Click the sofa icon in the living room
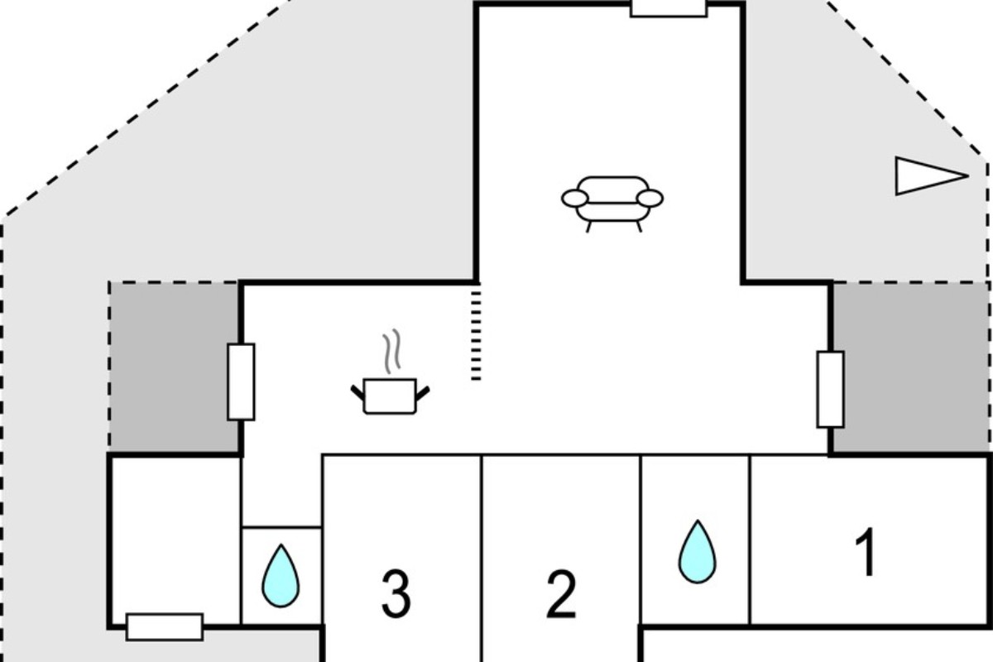[612, 204]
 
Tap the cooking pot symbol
[390, 396]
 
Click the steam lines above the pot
[392, 351]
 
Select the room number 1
[866, 552]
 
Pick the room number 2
[561, 594]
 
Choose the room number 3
[396, 594]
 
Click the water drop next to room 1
[698, 552]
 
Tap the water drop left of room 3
[281, 576]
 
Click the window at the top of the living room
[669, 8]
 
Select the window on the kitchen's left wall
[241, 381]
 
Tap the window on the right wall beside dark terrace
[830, 390]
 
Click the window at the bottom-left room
[165, 627]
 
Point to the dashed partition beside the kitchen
[476, 335]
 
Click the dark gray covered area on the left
[175, 367]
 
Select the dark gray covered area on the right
[911, 367]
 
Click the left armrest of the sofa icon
[575, 199]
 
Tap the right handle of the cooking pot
[423, 393]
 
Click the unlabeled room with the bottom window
[175, 540]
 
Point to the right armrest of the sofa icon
[650, 199]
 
